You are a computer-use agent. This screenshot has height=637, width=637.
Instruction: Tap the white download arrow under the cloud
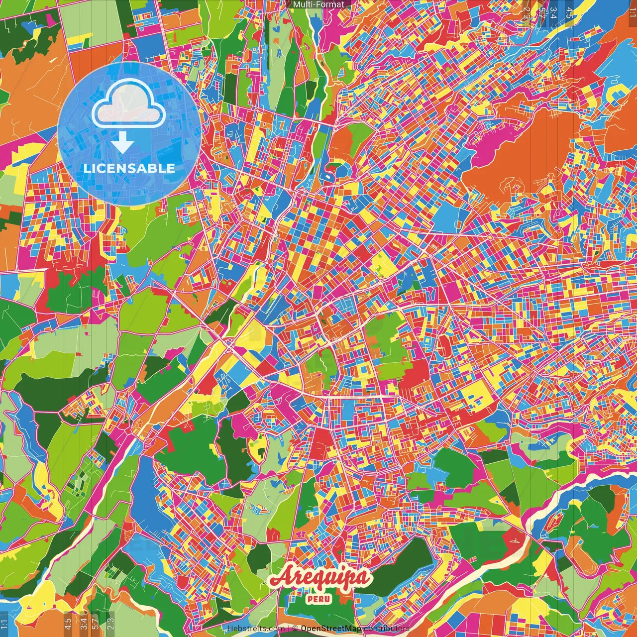click(122, 144)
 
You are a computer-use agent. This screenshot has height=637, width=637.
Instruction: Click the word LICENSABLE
click(129, 168)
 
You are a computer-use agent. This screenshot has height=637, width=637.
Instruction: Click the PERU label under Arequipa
click(318, 599)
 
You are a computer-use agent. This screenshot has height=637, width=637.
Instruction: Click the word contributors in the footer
click(386, 629)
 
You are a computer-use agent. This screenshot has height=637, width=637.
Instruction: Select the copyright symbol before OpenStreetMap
click(295, 629)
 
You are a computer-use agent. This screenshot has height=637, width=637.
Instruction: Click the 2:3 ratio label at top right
click(526, 13)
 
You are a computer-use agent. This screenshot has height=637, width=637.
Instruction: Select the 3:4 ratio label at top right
click(553, 13)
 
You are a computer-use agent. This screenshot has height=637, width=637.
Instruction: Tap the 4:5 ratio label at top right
click(569, 13)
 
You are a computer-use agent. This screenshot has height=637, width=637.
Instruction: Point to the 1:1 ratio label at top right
click(632, 13)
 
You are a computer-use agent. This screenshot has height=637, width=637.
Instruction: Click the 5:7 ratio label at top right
click(541, 13)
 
